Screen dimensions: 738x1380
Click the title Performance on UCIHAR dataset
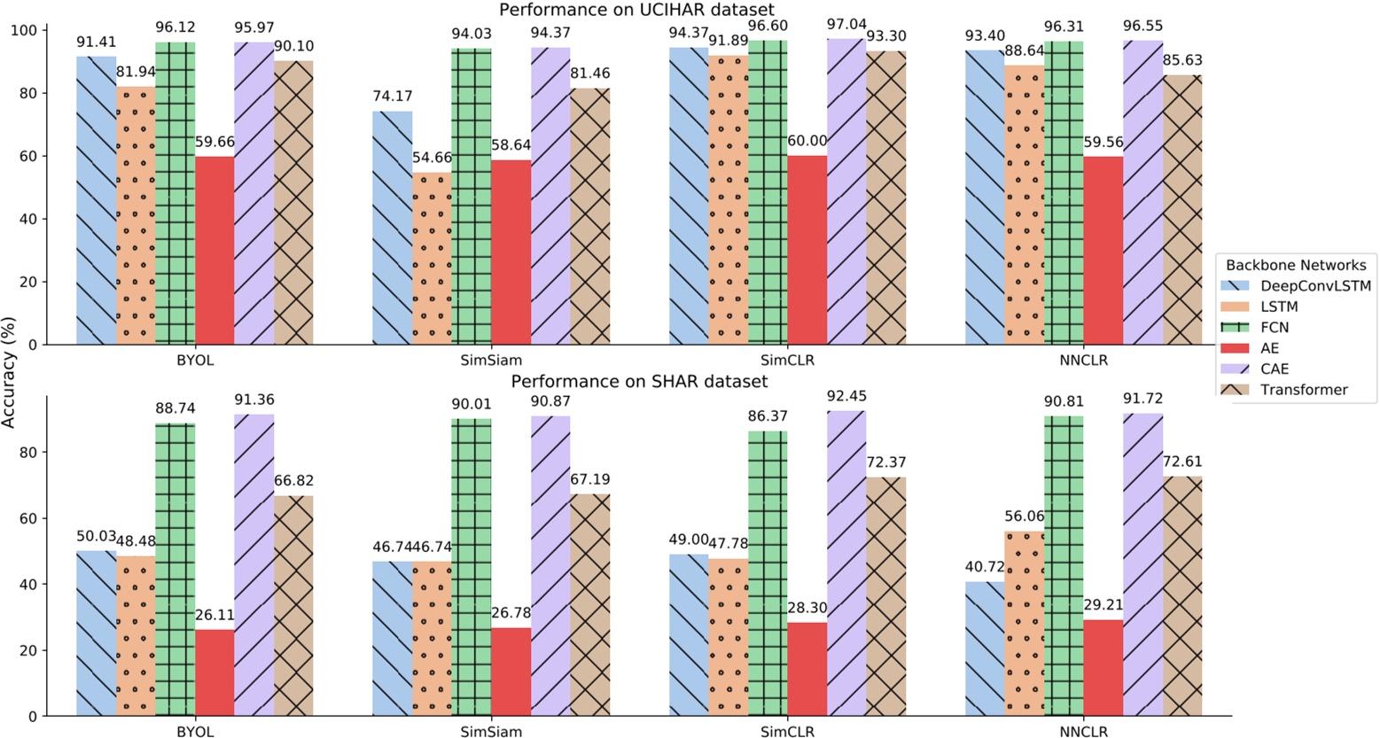[635, 10]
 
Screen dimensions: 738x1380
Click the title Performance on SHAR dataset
[638, 382]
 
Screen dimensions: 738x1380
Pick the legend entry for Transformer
[1303, 390]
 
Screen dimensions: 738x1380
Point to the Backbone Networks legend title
[1295, 265]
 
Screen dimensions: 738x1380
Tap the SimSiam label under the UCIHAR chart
[490, 361]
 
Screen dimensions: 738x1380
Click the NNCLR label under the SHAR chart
[1082, 732]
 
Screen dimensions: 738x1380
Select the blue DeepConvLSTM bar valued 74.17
[392, 228]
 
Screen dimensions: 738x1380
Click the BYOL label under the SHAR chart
[195, 732]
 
